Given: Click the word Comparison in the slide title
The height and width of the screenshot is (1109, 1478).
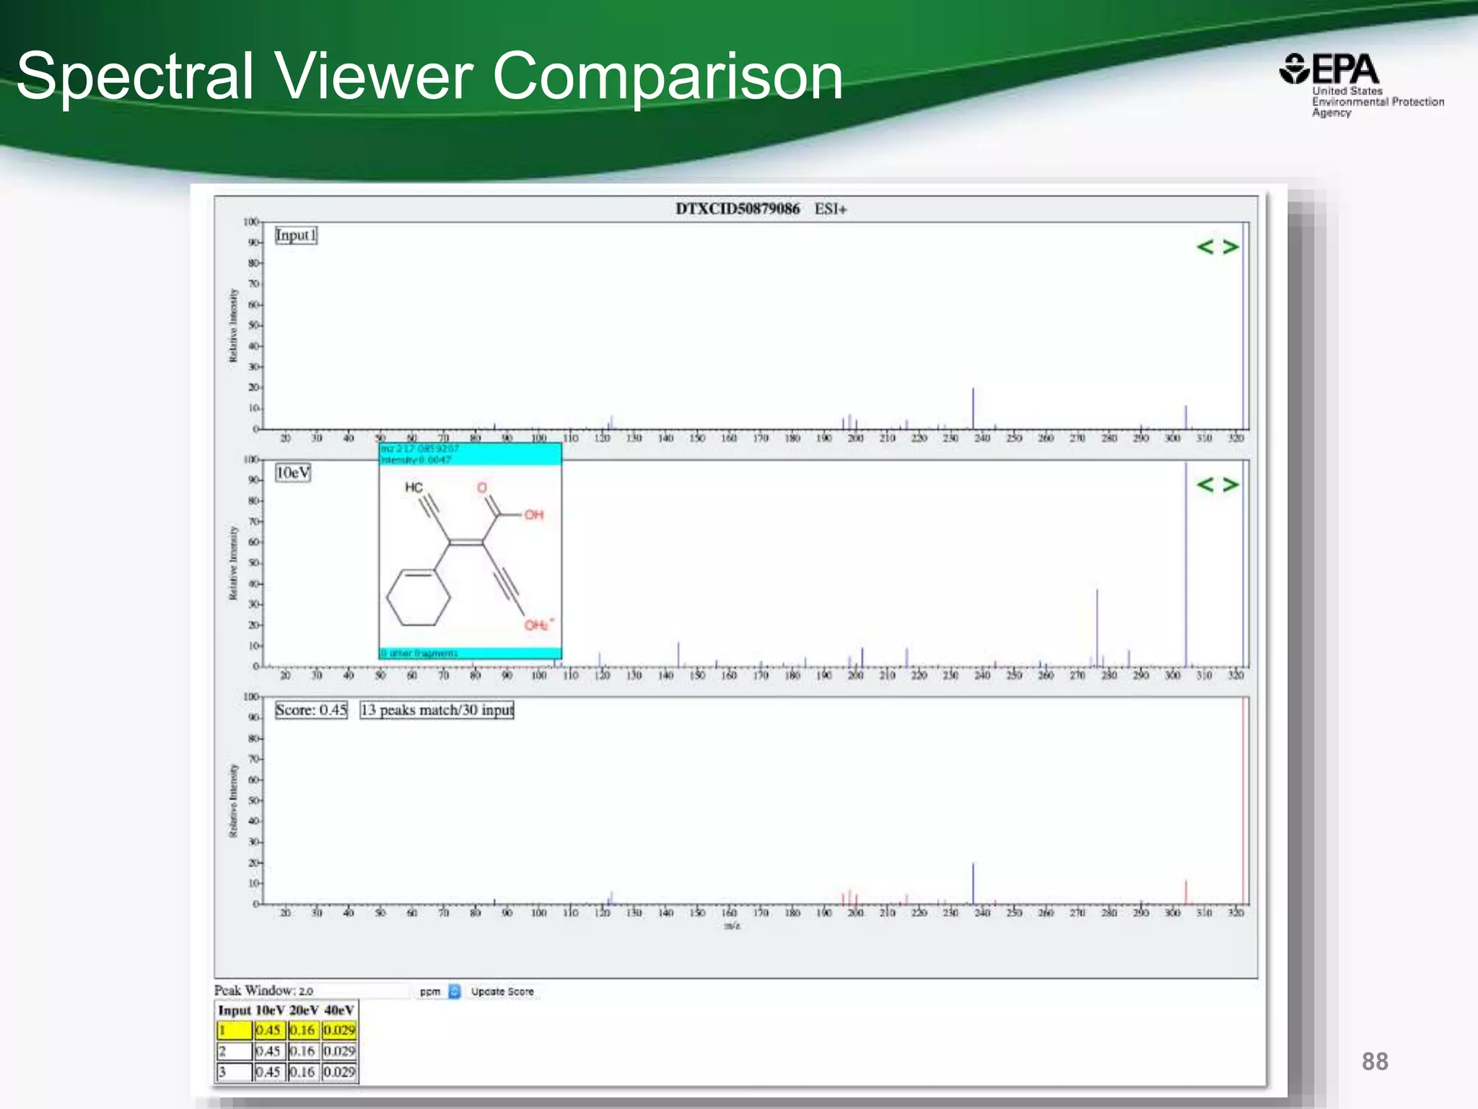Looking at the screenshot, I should click(668, 76).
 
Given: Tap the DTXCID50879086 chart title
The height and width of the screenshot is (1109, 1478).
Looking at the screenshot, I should click(737, 209).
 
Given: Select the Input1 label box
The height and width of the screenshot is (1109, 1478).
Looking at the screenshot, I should click(296, 235).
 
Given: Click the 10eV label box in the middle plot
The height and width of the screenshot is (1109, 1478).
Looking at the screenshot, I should click(293, 473).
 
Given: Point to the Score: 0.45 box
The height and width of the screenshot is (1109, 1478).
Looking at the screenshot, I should click(311, 710).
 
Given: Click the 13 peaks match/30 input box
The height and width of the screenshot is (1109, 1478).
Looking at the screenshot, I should click(437, 710).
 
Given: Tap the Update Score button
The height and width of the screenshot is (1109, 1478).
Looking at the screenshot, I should click(502, 991).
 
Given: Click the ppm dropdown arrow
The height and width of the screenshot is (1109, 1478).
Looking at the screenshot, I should click(454, 991).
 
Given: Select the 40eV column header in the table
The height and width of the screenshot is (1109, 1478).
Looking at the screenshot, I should click(339, 1010).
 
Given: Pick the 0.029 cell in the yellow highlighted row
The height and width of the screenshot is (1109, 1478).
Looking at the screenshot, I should click(339, 1030).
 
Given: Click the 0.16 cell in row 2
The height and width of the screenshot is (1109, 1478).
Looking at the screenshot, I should click(302, 1051).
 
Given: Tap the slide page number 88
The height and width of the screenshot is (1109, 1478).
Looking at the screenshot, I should click(1375, 1061).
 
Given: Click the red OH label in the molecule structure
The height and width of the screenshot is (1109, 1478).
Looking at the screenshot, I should click(534, 515).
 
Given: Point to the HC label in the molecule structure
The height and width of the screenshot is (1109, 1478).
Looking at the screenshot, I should click(414, 487).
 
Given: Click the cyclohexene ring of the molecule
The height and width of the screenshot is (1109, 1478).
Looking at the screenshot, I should click(419, 598).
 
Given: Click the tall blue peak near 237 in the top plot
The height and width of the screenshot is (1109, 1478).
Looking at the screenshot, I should click(973, 408).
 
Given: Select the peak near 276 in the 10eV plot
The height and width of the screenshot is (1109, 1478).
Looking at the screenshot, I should click(1097, 627).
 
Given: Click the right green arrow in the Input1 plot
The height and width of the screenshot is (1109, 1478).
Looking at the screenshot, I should click(1230, 247).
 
